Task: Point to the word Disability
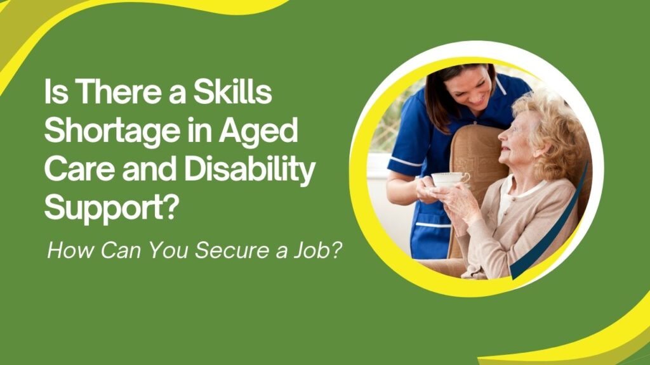[x=250, y=170]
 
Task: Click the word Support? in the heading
[x=109, y=209]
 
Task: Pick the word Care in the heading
[x=79, y=170]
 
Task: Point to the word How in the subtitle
[x=70, y=250]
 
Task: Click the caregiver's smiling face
[x=472, y=89]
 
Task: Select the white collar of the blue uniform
[x=500, y=85]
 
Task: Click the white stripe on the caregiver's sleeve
[x=406, y=162]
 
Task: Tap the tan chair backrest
[x=477, y=153]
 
